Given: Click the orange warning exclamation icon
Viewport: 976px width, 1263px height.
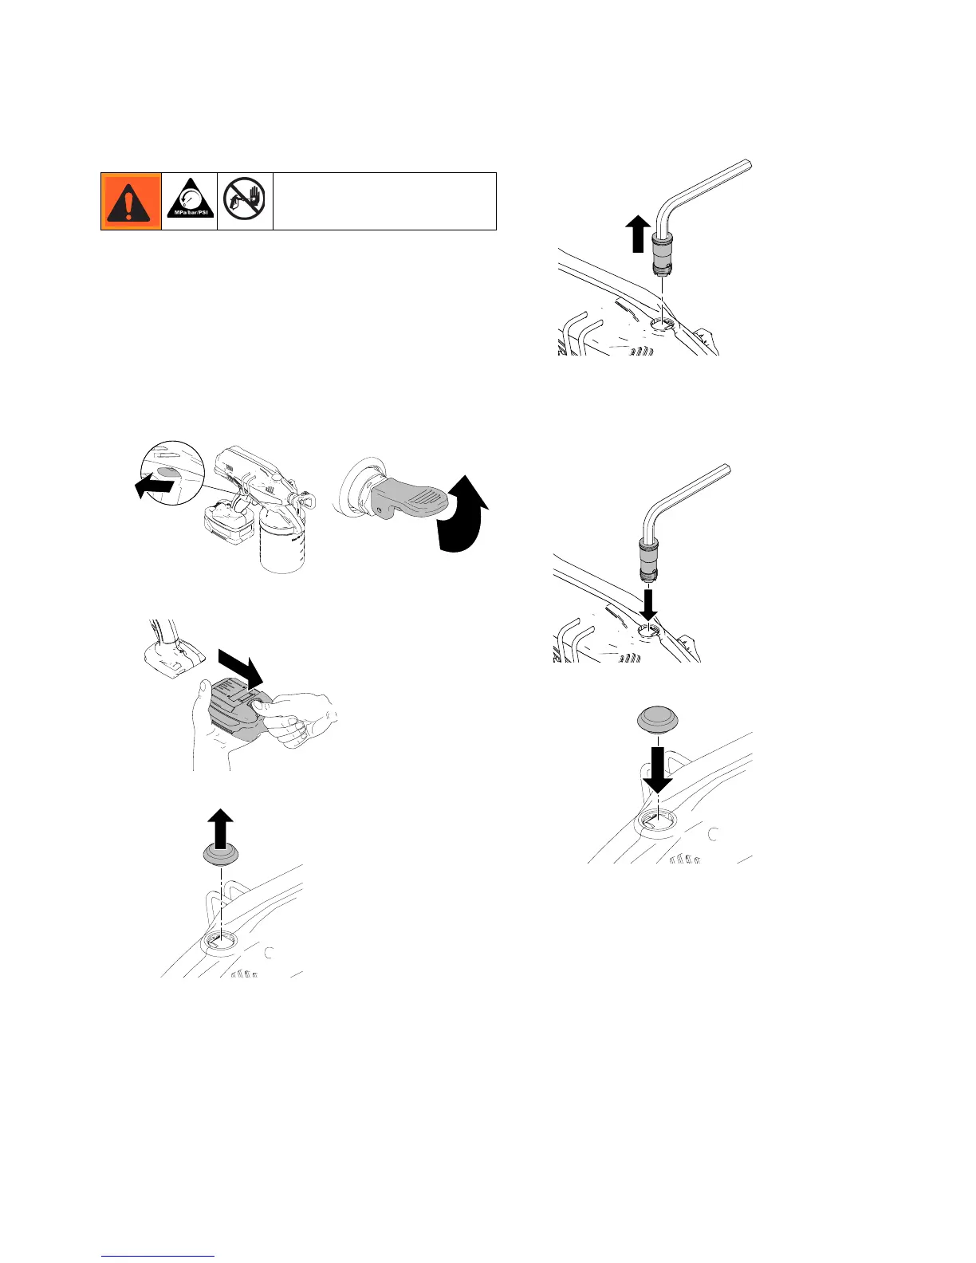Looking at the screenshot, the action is coord(131,201).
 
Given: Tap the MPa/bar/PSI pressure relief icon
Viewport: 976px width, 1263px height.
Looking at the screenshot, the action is coord(190,201).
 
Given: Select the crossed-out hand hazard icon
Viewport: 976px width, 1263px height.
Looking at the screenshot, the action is coord(246,201).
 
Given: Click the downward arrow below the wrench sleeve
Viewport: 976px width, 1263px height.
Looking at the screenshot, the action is coord(649,602).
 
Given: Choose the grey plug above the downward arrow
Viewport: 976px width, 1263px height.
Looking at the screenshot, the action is coord(657,720).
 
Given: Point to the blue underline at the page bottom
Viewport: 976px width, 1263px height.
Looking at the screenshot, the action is coord(159,1257).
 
